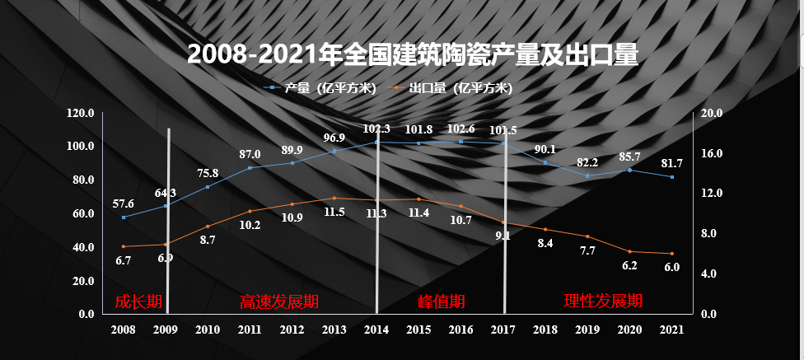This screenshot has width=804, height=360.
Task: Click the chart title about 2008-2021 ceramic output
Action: tap(413, 54)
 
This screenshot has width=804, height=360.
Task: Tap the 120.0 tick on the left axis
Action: tap(80, 113)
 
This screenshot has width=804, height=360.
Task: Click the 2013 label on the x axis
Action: tap(334, 330)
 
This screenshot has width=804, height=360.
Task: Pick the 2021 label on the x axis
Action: tap(671, 330)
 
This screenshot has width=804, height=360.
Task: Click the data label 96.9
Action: tap(334, 138)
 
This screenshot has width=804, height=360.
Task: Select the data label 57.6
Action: tap(124, 203)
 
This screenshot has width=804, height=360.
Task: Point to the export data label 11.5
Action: tap(334, 212)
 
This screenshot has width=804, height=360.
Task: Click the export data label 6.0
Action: tap(671, 267)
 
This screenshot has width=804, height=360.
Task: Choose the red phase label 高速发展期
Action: tap(278, 302)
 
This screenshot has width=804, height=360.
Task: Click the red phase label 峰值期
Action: tap(442, 302)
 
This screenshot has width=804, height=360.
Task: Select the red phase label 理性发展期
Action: tap(603, 301)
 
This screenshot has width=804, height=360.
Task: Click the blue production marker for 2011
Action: tap(250, 168)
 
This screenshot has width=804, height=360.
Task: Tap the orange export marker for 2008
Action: tap(124, 246)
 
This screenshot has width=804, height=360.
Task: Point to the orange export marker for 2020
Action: tap(629, 251)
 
